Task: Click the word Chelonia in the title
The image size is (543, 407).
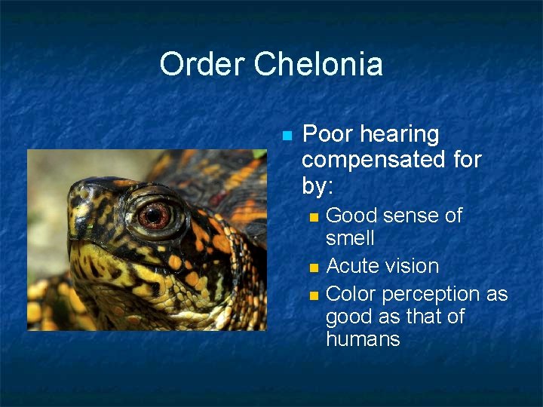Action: pos(318,65)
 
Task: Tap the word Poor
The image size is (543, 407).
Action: pos(327,134)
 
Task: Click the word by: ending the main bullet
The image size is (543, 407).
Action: pos(319,185)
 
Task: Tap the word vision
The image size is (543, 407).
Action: pos(414,266)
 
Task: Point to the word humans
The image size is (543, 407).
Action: pos(363,339)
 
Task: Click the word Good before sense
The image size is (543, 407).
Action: pos(351,216)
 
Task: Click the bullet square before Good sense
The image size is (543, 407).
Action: pos(314,217)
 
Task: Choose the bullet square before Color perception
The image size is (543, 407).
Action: pos(314,294)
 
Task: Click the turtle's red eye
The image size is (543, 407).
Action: pos(155,216)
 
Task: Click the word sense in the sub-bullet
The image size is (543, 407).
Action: pos(411,216)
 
